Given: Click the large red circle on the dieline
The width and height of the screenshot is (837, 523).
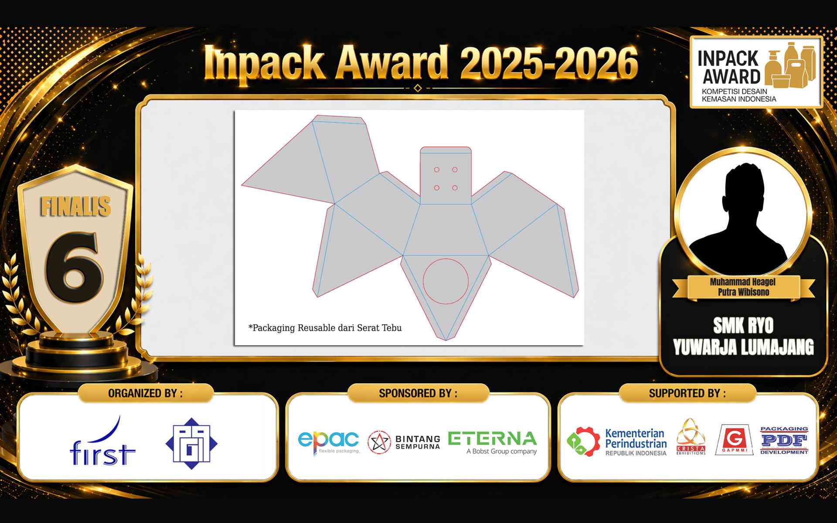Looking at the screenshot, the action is (x=446, y=281).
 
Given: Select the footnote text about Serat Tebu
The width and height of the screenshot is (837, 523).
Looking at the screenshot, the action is (x=325, y=328).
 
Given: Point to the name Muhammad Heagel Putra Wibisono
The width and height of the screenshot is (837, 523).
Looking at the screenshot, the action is (x=742, y=287).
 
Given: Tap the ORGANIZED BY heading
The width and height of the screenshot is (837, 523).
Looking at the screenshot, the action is (x=145, y=393).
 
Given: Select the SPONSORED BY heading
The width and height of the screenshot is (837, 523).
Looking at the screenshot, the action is (x=418, y=393).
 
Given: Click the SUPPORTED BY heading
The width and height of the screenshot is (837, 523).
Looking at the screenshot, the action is (x=687, y=393).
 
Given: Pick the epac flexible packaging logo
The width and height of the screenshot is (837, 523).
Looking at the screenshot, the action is (x=329, y=442).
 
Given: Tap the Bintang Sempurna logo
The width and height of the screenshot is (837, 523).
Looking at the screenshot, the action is (x=404, y=442).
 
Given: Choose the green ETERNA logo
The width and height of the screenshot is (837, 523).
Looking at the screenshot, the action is (x=493, y=443).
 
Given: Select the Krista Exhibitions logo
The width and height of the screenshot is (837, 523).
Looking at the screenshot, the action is (x=691, y=437).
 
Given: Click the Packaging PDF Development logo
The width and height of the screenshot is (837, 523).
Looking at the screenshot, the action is (x=784, y=440).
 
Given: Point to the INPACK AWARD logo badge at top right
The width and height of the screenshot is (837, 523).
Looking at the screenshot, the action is (x=756, y=72).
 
